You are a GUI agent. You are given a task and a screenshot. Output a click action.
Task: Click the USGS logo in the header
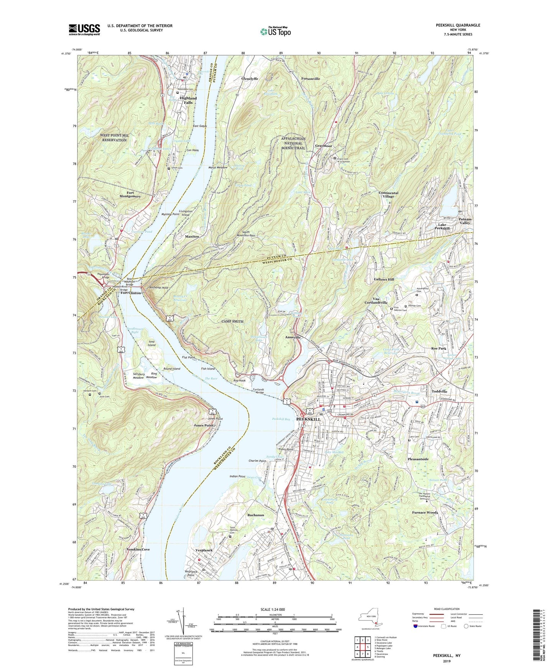pyautogui.click(x=84, y=29)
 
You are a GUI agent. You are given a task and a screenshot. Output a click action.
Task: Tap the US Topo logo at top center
pyautogui.click(x=275, y=31)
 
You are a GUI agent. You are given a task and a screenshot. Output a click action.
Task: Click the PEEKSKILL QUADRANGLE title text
pyautogui.click(x=458, y=25)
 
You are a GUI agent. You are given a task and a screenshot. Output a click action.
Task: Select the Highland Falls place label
pyautogui.click(x=188, y=100)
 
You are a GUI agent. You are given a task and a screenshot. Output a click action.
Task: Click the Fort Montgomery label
pyautogui.click(x=130, y=195)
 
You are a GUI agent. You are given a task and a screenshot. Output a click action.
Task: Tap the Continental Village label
pyautogui.click(x=388, y=195)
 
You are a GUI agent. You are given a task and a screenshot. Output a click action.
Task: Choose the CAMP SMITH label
pyautogui.click(x=232, y=321)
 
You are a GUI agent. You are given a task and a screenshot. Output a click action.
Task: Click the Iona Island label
pyautogui.click(x=152, y=343)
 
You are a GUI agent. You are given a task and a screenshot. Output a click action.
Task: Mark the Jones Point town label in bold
pyautogui.click(x=204, y=426)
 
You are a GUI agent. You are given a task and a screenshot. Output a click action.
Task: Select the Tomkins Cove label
pyautogui.click(x=138, y=549)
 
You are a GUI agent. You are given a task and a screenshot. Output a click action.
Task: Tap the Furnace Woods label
pyautogui.click(x=425, y=513)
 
